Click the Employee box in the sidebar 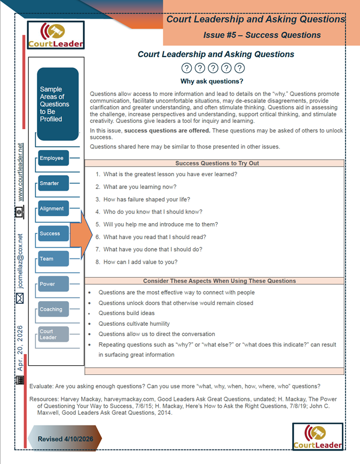[53, 158]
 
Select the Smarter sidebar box [53, 183]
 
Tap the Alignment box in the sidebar [53, 209]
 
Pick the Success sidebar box [53, 234]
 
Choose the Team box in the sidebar [53, 259]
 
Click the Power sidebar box [53, 284]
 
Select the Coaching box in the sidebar [53, 309]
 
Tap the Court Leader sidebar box [53, 334]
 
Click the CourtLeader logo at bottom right [317, 437]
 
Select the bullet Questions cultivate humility [134, 324]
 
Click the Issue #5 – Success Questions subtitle [262, 35]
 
